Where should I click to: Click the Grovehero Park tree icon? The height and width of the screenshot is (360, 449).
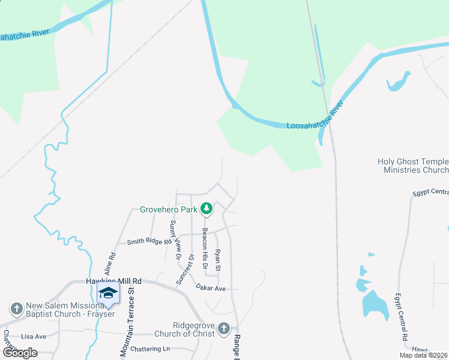tap(207, 209)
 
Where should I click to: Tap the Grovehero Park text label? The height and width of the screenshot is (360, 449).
tap(169, 210)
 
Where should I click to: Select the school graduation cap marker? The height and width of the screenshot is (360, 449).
tap(108, 293)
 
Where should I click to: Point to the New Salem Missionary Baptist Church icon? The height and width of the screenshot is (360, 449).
tap(16, 308)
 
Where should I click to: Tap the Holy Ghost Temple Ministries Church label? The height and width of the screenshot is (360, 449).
tap(414, 166)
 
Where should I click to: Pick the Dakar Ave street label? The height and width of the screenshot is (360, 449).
tap(210, 288)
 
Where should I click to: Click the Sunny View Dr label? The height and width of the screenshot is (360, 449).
tap(175, 239)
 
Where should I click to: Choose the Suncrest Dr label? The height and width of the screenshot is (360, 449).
tap(185, 269)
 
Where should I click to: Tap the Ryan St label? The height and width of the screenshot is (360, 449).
tap(218, 259)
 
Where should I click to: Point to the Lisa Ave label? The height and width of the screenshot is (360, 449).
tap(34, 337)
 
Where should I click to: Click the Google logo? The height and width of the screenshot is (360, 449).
tap(20, 353)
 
